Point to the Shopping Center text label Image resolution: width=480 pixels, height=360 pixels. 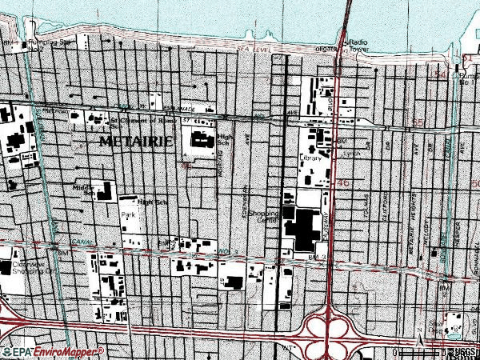(x=262, y=218)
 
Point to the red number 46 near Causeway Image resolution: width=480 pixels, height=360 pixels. (x=344, y=183)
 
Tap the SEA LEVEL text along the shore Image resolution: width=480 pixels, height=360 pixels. (x=249, y=50)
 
